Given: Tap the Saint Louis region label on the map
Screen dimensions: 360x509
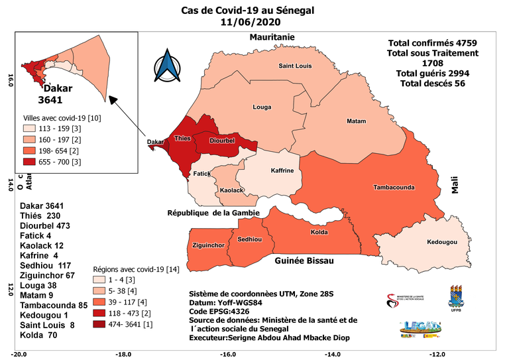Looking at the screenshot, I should tap(295, 66).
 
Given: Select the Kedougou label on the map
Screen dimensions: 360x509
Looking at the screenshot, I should tap(442, 242).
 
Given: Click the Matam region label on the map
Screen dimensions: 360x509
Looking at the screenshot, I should tap(356, 121).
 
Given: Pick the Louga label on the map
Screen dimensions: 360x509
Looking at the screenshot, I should tap(262, 107).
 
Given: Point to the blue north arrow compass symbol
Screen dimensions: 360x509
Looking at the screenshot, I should tap(167, 66).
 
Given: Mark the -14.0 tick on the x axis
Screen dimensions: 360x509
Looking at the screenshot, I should tap(333, 353).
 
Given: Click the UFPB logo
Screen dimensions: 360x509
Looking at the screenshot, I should tap(456, 296).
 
